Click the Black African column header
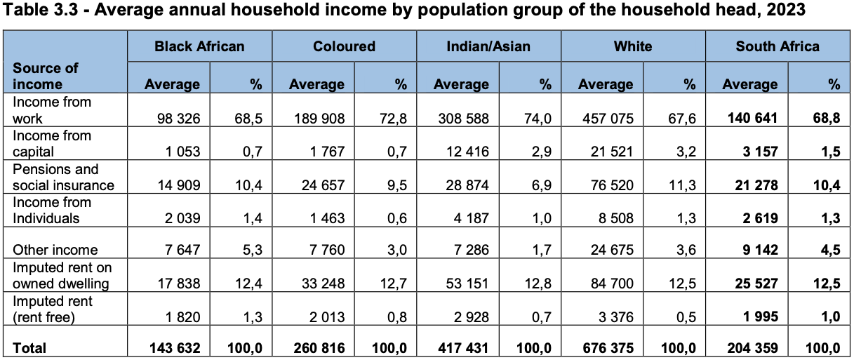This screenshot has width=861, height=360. pyautogui.click(x=199, y=47)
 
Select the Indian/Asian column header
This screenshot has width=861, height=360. pyautogui.click(x=488, y=47)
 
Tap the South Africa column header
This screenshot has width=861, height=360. pyautogui.click(x=777, y=47)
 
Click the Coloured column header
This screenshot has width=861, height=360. pyautogui.click(x=344, y=47)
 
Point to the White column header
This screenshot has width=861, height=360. pyautogui.click(x=632, y=47)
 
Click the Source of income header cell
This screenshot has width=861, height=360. pyautogui.click(x=46, y=76)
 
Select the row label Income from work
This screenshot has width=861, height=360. pyautogui.click(x=53, y=110)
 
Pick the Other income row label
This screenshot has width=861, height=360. pyautogui.click(x=55, y=250)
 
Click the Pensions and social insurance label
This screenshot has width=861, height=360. pyautogui.click(x=63, y=177)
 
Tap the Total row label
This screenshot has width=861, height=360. pyautogui.click(x=29, y=347)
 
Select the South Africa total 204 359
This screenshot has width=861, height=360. pyautogui.click(x=750, y=347)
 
